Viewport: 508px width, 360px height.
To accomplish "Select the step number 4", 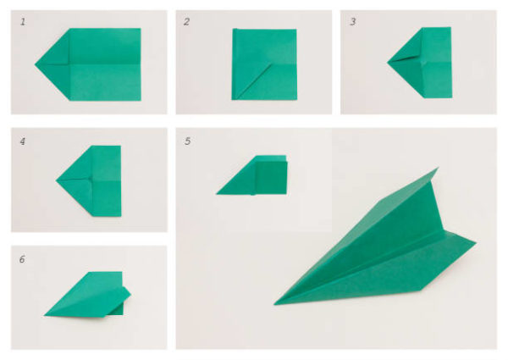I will pos(23,141).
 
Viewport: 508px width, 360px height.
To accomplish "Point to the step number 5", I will pos(187,141).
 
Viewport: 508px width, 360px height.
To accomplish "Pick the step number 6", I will pos(23,258).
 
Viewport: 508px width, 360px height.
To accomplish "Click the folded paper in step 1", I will pos(93,64).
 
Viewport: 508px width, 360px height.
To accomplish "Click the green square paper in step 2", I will pos(263,64).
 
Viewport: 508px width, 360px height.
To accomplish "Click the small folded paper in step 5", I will pos(258,175).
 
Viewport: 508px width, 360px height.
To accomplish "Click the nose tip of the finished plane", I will pos(275,303).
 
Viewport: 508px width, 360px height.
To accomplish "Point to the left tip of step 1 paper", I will pos(36,64).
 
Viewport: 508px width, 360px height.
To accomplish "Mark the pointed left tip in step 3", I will pos(389,62).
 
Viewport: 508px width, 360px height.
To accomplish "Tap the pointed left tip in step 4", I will pos(58,180).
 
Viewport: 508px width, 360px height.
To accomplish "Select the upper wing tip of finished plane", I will pos(436,169).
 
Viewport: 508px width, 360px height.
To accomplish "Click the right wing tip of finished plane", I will pos(475,244).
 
